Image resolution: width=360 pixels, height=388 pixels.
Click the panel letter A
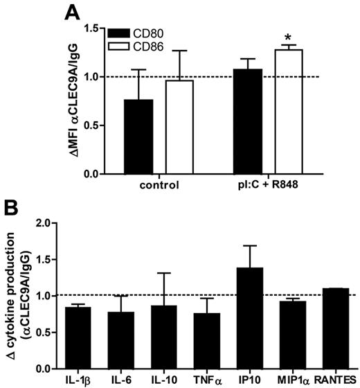click(x=73, y=12)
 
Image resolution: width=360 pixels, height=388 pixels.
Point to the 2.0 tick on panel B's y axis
click(x=49, y=224)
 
